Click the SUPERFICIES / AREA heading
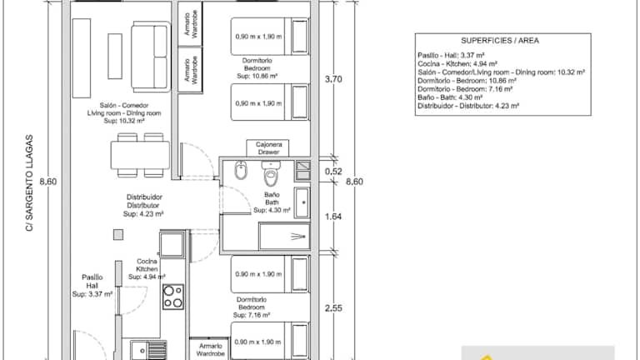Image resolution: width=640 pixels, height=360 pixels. coord(500,40)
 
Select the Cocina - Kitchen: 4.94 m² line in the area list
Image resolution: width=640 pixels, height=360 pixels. coord(457,63)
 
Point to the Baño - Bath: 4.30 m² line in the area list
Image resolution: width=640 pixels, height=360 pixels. coord(450,97)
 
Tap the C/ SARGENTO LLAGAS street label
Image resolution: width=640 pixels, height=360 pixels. coord(29,182)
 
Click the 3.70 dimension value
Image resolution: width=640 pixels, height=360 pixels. coord(333,79)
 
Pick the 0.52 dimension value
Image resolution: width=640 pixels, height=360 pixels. coord(333,172)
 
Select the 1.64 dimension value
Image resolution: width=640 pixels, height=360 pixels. coord(333,217)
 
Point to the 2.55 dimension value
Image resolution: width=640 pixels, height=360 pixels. coord(333,308)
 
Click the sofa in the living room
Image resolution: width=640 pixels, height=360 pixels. coord(150,57)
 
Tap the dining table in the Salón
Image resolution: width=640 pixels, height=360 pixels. coord(140,155)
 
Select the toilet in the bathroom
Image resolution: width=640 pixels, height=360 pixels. coord(271,173)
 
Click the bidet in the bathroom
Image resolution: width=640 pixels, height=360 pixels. coord(241,171)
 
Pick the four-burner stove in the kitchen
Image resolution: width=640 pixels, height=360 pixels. coord(173,297)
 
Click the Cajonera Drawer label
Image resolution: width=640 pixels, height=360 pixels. coord(268,148)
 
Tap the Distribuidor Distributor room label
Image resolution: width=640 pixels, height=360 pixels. coord(143,205)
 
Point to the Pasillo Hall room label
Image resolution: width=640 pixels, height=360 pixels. coord(92,285)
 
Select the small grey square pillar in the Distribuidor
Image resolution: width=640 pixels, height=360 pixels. coord(118,235)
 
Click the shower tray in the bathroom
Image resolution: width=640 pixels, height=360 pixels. coord(284,236)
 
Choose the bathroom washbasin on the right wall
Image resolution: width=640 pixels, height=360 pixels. coord(302,202)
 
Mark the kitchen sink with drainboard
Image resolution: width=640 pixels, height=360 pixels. coord(148,350)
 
